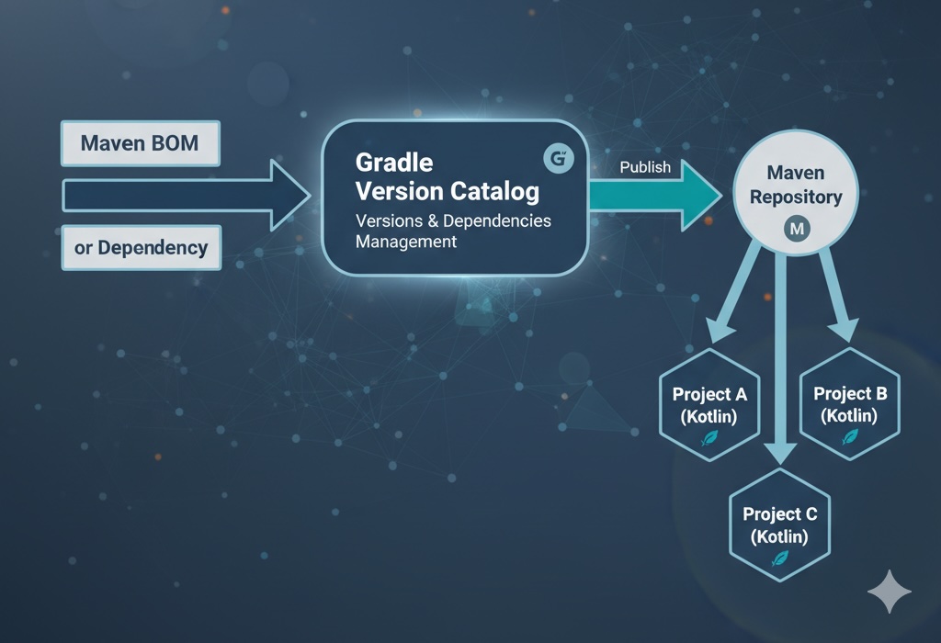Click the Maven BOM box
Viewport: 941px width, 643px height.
[x=140, y=144]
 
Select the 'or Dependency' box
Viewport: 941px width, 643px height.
[x=140, y=247]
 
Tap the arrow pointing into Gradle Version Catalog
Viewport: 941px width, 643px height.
[x=184, y=195]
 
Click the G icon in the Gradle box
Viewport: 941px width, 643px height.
[x=558, y=159]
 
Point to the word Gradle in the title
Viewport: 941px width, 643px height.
[x=393, y=163]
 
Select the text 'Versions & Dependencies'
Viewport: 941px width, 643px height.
[x=453, y=220]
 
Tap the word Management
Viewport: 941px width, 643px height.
[x=405, y=243]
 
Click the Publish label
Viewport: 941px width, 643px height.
[x=645, y=167]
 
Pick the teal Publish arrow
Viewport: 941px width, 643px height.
[x=652, y=196]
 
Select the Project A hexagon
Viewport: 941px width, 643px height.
[x=709, y=405]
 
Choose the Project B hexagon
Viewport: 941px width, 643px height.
[x=850, y=404]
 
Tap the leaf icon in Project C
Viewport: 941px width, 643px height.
[x=779, y=558]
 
